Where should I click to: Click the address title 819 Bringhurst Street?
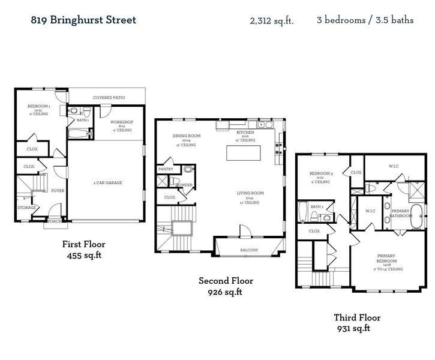83,20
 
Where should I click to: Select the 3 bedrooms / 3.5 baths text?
365,20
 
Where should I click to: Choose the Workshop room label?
121,122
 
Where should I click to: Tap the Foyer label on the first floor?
58,191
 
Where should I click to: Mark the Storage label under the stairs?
27,208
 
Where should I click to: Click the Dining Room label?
186,136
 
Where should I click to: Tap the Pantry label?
166,170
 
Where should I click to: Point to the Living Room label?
250,193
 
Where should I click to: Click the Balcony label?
249,250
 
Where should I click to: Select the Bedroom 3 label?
320,174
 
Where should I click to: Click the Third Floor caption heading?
356,318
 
